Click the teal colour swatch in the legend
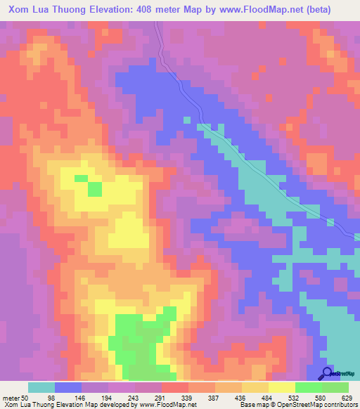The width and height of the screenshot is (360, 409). point(41,387)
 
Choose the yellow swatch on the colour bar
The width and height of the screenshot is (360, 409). point(282,387)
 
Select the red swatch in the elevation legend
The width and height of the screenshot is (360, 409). point(175,387)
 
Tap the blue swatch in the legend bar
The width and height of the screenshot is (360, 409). point(68,387)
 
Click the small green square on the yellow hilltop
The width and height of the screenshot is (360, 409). point(94,188)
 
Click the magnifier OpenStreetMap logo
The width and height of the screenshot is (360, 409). point(328,373)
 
